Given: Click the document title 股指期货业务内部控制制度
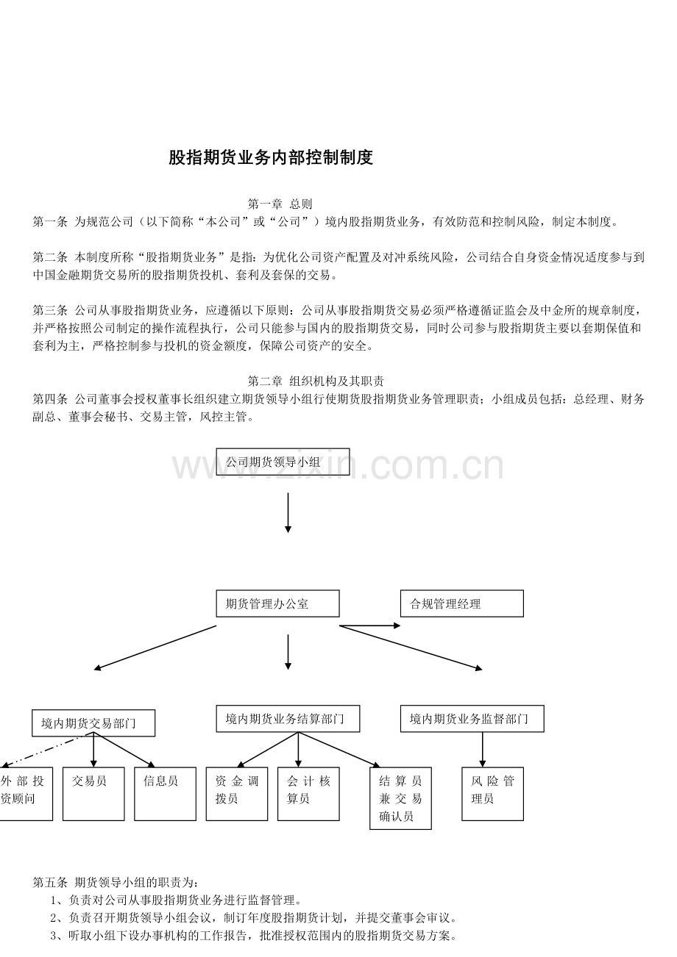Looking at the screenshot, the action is point(271,157).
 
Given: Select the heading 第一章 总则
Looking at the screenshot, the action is point(280,204).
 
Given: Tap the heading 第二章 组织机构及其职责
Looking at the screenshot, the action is point(316,381).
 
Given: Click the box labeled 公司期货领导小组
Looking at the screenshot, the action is point(283,462).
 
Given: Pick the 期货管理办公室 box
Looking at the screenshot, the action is point(277,603).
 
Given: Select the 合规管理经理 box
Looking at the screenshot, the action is point(462,603).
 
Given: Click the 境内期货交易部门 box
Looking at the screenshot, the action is point(93,723).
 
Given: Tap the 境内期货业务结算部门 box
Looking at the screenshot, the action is point(288,719).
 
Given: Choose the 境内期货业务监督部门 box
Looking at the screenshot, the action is point(472,719).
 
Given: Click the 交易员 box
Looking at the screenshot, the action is point(93,795).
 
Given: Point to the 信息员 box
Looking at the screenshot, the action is point(165,795).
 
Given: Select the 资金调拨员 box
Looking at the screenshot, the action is point(237,795).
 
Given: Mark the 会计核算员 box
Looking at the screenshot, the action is point(308,795).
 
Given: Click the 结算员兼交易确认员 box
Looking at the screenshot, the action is point(400,798).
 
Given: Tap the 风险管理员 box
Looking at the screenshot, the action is point(493,795).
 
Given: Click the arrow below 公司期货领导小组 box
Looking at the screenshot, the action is point(288,513).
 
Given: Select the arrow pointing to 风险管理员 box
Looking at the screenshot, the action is point(483,750).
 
